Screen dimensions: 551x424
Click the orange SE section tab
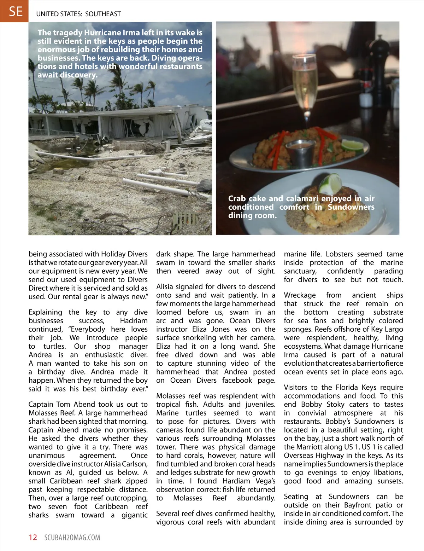(14, 11)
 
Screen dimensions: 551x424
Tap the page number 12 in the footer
(33, 538)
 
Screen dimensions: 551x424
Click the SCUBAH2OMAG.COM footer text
(72, 538)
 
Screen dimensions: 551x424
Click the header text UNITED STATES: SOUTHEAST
(78, 14)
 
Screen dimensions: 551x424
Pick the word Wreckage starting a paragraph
(300, 295)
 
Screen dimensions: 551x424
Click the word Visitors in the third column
(297, 387)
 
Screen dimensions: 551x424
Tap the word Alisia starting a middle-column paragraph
(167, 287)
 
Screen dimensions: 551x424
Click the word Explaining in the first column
(45, 312)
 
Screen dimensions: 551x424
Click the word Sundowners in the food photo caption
(351, 207)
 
